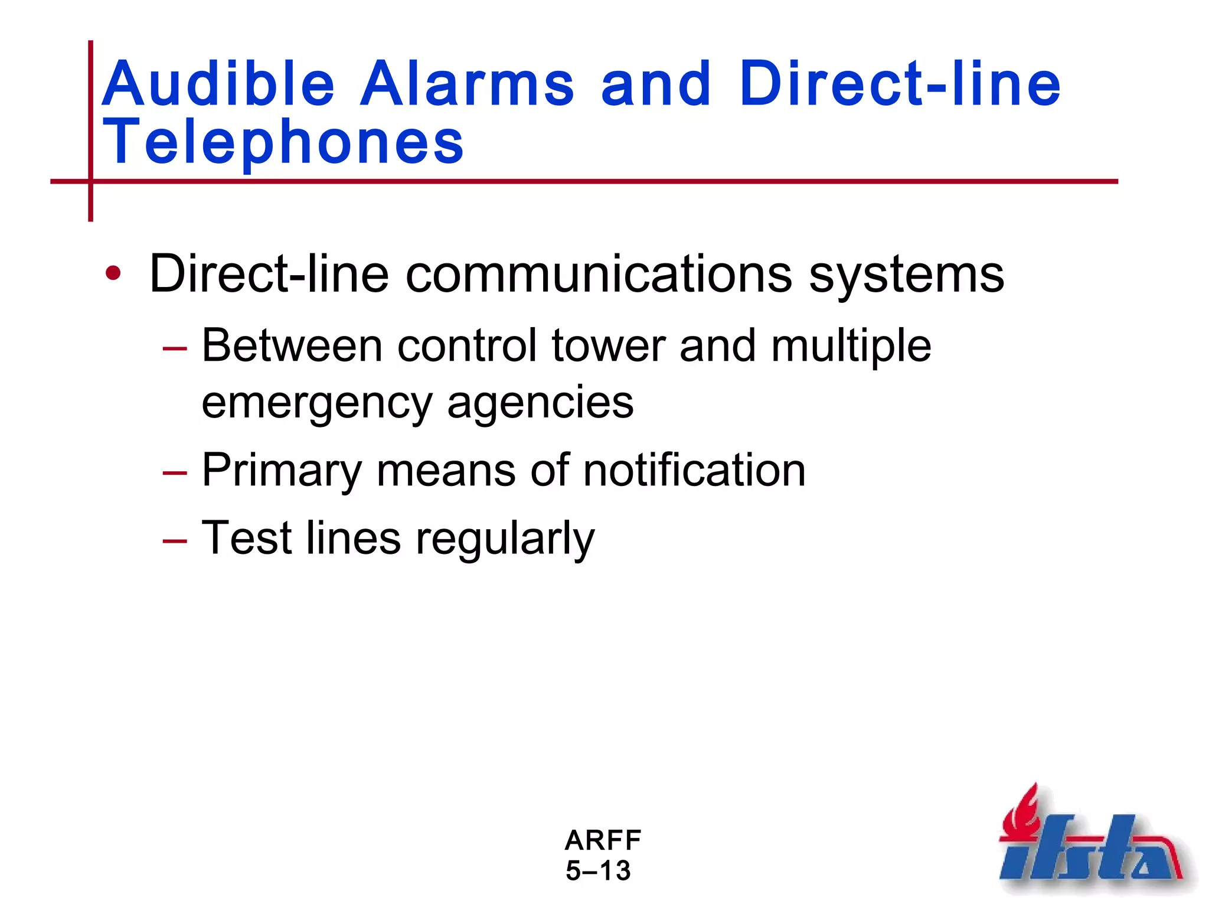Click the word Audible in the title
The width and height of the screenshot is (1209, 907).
click(218, 84)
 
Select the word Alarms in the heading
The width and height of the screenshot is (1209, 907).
click(467, 84)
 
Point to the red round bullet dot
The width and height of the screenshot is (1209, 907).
click(113, 273)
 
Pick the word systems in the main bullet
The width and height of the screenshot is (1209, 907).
click(906, 275)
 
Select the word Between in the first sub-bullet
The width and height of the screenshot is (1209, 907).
click(292, 345)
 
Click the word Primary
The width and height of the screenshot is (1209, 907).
click(282, 471)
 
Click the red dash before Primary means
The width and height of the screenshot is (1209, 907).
click(175, 472)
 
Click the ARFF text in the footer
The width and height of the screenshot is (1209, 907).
click(603, 840)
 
